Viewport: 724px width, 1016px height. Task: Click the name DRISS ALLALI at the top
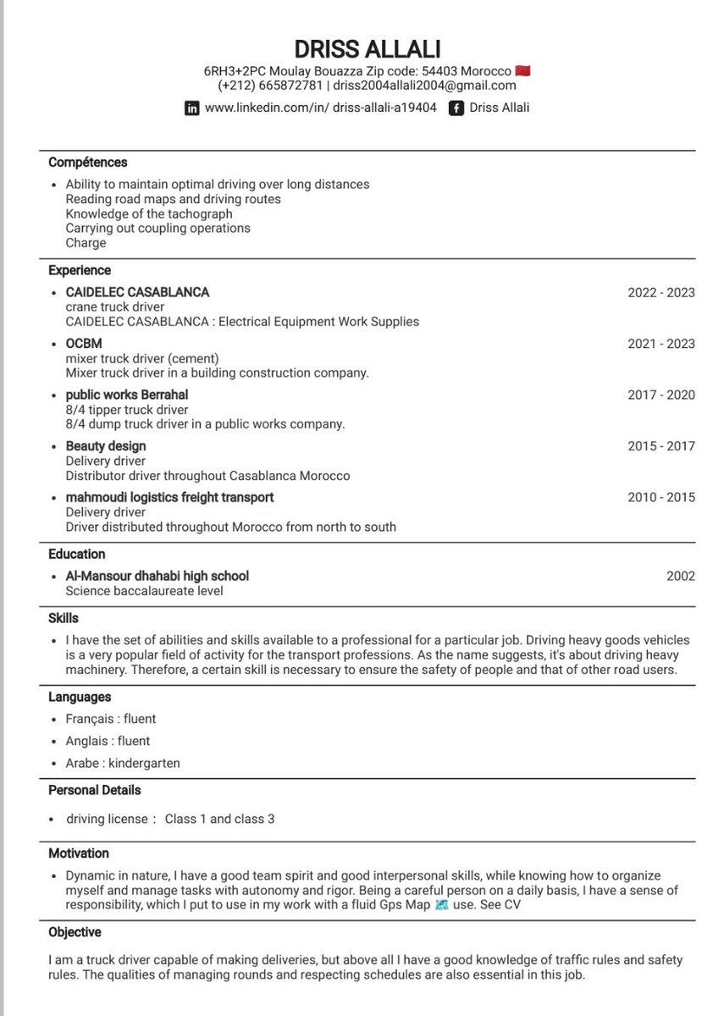tap(368, 48)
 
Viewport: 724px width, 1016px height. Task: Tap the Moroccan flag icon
tap(523, 71)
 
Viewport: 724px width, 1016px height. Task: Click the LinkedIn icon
tap(192, 108)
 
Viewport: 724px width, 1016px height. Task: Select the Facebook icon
tap(456, 108)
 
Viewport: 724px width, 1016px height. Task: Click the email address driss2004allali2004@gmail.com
tap(424, 86)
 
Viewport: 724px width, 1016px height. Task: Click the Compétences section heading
tap(88, 163)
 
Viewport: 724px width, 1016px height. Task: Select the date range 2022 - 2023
tap(660, 293)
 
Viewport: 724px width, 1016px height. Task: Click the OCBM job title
tap(83, 344)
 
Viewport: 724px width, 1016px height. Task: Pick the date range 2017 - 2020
tap(660, 395)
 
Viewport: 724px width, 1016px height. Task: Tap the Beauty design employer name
tap(106, 446)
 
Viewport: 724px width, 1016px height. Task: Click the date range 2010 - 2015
tap(660, 497)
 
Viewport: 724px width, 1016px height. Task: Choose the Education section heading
tap(77, 555)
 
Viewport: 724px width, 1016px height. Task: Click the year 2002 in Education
tap(680, 577)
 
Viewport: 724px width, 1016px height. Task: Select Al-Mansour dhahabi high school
tap(158, 577)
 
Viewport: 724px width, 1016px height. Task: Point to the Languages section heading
tap(80, 698)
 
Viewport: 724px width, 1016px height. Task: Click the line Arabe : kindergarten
tap(123, 763)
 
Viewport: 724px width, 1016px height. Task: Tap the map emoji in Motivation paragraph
tap(440, 905)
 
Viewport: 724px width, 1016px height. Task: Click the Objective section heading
tap(75, 932)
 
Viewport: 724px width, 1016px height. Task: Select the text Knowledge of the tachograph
tap(149, 214)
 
